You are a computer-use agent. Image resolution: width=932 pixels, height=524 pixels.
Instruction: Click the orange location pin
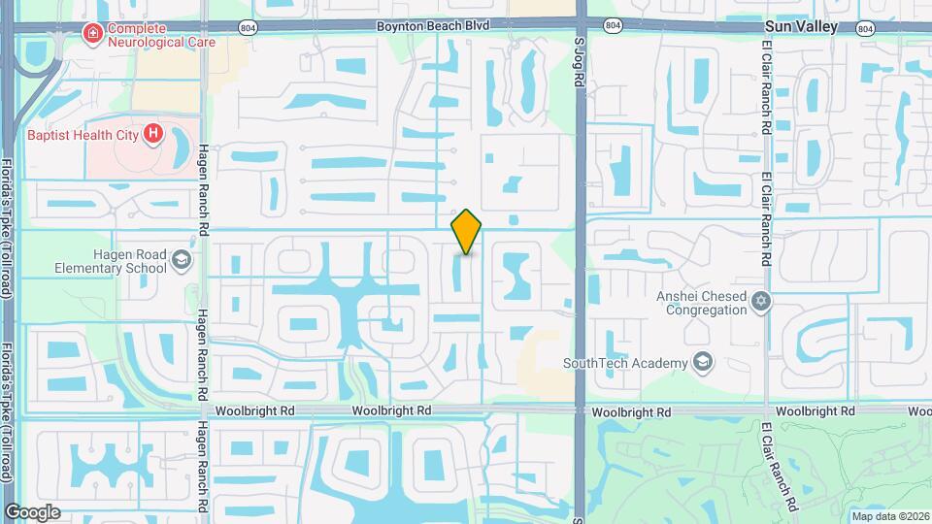[x=467, y=232]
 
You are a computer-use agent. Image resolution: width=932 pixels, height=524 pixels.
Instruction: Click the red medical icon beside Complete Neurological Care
[x=93, y=34]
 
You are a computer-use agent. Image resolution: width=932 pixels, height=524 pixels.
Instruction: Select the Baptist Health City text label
[x=83, y=135]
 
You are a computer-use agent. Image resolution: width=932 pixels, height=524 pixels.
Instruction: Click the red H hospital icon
[x=152, y=135]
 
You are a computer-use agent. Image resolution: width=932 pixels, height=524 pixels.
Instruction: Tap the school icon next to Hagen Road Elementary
[x=181, y=260]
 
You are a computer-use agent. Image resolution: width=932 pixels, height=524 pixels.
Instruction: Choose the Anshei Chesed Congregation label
[x=706, y=303]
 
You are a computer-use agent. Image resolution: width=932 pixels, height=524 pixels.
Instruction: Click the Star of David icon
[x=762, y=302]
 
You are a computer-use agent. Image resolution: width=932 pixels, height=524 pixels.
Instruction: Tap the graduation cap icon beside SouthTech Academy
[x=702, y=363]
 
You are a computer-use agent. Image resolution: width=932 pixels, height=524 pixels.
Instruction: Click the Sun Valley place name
[x=801, y=27]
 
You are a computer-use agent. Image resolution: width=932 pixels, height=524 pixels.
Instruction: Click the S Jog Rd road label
[x=580, y=63]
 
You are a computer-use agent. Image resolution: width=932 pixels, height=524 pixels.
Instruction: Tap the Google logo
[x=32, y=512]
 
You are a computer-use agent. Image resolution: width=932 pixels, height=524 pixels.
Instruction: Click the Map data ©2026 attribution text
[x=888, y=516]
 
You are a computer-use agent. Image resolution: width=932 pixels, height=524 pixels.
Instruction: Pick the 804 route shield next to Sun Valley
[x=864, y=28]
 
